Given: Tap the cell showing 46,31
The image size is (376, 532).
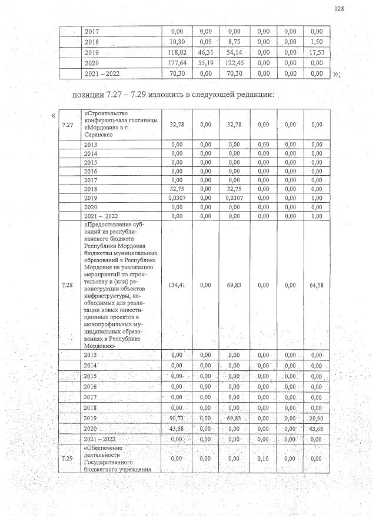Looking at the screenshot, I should point(205,52).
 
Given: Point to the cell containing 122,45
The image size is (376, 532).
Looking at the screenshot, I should point(234,62).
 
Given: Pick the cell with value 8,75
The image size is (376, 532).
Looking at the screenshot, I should point(234,42).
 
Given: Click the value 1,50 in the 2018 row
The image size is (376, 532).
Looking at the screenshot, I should point(317,42).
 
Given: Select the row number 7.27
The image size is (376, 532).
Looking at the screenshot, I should point(68,124).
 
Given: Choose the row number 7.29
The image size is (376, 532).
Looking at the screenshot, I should point(68,459).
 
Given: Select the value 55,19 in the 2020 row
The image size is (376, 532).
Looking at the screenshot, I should point(205,62).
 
